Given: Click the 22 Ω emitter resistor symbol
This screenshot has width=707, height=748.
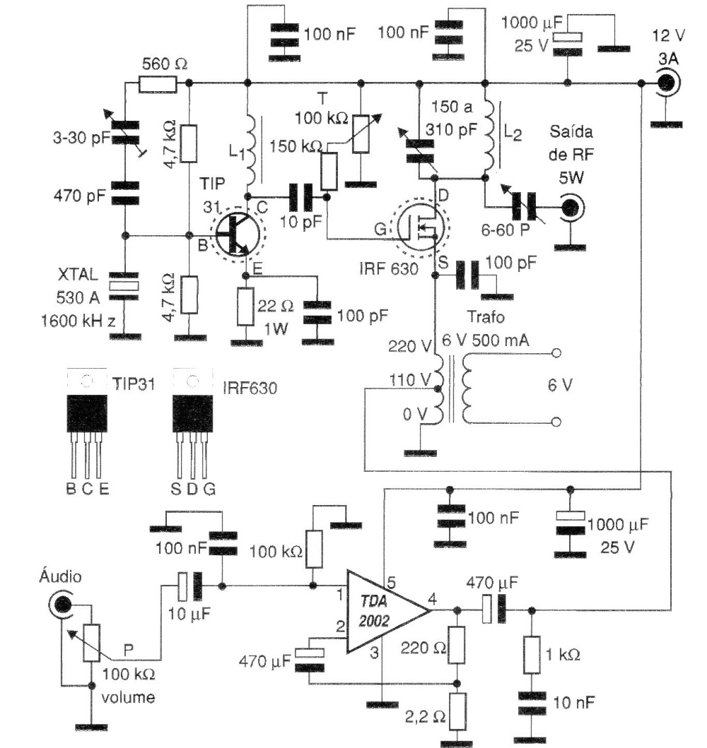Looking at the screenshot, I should [x=245, y=307].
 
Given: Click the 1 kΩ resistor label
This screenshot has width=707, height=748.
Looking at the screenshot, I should [x=563, y=655].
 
